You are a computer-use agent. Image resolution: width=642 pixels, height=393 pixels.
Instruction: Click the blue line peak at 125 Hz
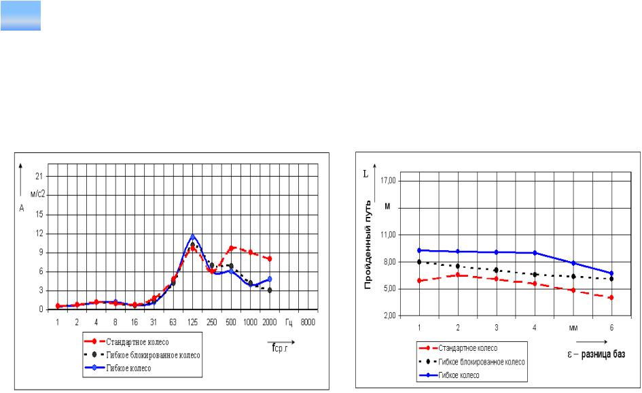[192, 236]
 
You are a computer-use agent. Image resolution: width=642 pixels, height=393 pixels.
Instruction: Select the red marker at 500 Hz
[231, 248]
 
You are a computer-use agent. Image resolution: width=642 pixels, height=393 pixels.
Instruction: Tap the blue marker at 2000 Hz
[270, 279]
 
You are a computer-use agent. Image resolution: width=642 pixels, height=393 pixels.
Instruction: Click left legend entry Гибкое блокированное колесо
[153, 355]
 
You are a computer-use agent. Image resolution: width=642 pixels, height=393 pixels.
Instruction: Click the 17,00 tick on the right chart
[389, 181]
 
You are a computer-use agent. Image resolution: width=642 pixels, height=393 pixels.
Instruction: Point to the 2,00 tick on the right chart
[389, 316]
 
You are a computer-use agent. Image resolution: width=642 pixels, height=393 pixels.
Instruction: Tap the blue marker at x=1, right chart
[420, 250]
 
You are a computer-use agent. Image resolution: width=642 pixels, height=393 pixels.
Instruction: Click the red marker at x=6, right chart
[611, 297]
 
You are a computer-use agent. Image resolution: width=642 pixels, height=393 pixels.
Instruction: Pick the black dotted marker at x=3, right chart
[497, 270]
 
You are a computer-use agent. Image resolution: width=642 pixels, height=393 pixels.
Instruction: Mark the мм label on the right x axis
[573, 327]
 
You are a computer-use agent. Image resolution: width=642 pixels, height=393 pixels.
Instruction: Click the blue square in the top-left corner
[21, 16]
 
